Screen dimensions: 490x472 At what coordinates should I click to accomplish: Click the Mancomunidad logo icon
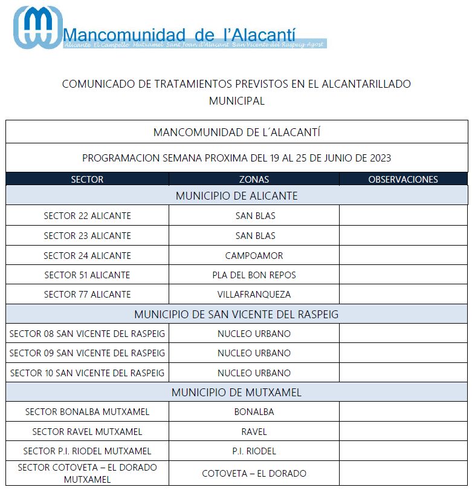tap(37, 27)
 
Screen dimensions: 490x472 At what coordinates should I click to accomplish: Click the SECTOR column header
tap(87, 179)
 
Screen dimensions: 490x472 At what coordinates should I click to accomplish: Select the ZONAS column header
tap(254, 179)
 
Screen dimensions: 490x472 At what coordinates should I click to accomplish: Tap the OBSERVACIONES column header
tap(402, 179)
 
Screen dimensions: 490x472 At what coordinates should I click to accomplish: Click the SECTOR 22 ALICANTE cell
tap(87, 216)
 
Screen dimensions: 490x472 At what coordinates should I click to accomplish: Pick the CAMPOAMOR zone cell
tap(254, 255)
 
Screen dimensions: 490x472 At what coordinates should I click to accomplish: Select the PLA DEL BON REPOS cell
tap(254, 275)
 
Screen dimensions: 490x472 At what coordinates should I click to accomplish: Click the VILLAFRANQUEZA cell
tap(254, 295)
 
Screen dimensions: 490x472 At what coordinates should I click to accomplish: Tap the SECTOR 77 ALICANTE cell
tap(87, 295)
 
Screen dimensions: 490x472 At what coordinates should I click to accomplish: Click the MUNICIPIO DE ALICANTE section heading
tap(236, 196)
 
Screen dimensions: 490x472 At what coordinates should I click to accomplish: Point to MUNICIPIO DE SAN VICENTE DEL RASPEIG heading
tap(236, 315)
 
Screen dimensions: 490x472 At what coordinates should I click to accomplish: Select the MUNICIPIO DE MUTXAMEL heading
tap(236, 393)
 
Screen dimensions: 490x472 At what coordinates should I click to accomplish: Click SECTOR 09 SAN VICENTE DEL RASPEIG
tap(87, 353)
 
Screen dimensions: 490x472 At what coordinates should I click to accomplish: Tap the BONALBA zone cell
tap(254, 412)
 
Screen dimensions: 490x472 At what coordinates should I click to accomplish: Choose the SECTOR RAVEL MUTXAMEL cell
tap(87, 432)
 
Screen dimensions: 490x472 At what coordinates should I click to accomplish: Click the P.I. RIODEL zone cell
tap(254, 451)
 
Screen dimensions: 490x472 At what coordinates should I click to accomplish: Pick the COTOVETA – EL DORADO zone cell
tap(254, 474)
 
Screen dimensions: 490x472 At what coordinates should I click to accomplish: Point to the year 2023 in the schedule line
tap(380, 158)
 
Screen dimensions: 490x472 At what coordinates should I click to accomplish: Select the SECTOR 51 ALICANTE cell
tap(87, 275)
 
